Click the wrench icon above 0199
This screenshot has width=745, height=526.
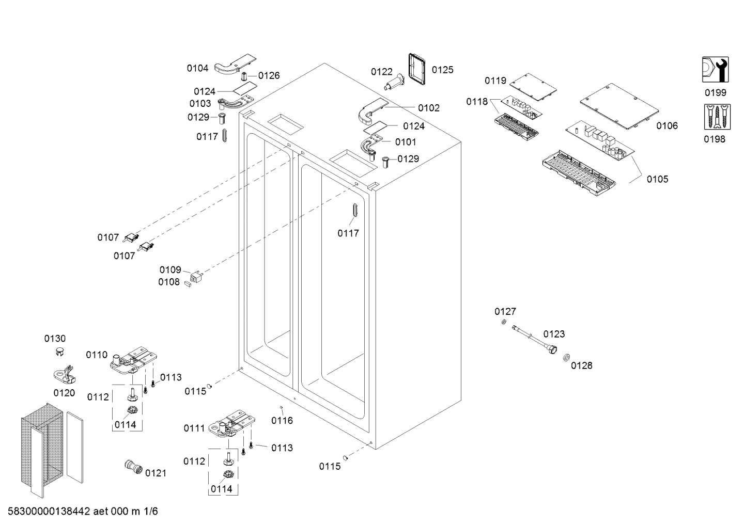click(716, 69)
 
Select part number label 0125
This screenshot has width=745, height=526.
click(442, 70)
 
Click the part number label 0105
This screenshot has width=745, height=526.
click(657, 179)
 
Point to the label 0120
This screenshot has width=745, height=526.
click(64, 393)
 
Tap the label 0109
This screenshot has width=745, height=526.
click(170, 270)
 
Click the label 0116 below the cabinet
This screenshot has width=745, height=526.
click(282, 421)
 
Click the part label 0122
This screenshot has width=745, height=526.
click(381, 72)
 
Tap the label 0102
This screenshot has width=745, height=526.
click(429, 108)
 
